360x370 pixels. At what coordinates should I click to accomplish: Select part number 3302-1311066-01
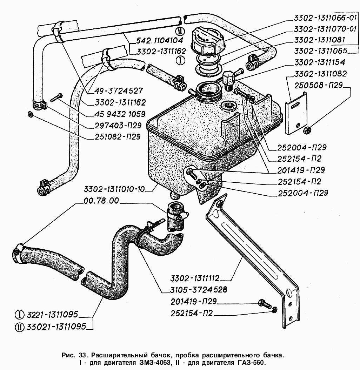(x=325, y=18)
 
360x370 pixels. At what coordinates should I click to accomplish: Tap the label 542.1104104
(x=160, y=40)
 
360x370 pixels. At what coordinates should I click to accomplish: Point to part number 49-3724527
(x=119, y=91)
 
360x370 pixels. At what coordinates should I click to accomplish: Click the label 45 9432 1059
(x=120, y=114)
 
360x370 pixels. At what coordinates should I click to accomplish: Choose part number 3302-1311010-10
(x=114, y=189)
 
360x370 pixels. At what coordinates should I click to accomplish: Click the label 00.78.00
(x=101, y=201)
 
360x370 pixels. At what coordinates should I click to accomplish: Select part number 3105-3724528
(x=199, y=290)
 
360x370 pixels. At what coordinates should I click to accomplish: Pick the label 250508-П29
(x=318, y=85)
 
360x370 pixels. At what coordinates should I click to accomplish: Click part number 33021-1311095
(x=56, y=327)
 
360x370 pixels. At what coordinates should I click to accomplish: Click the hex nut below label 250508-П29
(x=307, y=129)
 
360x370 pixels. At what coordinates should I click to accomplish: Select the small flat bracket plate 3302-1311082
(x=296, y=113)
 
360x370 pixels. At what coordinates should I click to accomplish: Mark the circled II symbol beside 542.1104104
(x=180, y=31)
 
